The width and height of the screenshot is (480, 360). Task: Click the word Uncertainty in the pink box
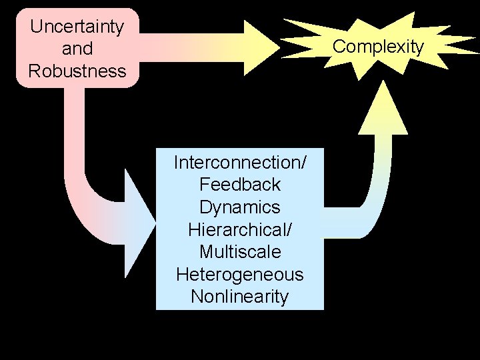click(77, 27)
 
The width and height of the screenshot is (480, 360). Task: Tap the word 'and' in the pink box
click(77, 49)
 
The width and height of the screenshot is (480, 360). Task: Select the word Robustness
click(77, 71)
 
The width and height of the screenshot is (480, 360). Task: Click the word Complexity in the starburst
click(378, 47)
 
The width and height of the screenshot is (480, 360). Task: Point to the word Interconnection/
click(240, 162)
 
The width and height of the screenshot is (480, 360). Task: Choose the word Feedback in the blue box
click(240, 185)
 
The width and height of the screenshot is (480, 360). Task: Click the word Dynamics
click(240, 207)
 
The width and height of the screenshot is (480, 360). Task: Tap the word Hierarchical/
click(240, 230)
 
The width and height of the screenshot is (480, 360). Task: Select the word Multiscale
click(240, 253)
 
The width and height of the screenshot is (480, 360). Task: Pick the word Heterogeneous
click(240, 275)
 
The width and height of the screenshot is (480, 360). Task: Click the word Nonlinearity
click(240, 297)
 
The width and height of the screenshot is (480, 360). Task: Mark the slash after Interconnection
click(303, 162)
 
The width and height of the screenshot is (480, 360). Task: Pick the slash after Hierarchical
click(289, 230)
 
